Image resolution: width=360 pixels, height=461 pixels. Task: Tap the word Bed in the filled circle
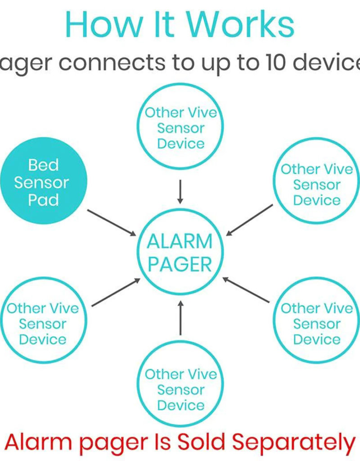pos(43,165)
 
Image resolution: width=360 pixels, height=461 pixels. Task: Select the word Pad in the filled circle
pos(43,200)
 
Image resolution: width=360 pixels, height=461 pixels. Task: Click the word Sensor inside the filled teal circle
pos(41,182)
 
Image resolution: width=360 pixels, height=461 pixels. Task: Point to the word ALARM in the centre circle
pos(180,242)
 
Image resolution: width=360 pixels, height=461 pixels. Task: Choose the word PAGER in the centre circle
pos(180,264)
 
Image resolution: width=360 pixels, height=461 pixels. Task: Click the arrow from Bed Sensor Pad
pos(112,222)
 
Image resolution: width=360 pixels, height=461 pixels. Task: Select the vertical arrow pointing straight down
pos(180,191)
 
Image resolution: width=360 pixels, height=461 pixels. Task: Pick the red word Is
pos(160,443)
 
